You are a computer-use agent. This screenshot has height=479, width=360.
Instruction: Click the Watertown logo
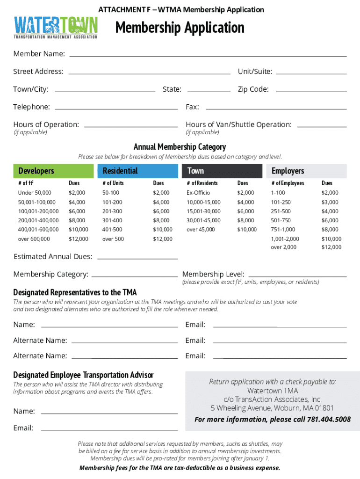coord(56,27)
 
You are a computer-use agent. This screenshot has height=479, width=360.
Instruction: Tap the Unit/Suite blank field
coord(311,73)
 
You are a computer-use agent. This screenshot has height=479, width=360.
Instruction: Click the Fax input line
coord(274,109)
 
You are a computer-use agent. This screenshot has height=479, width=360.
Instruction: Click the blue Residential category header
coord(138,171)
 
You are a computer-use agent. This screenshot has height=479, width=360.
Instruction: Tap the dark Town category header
coord(222,171)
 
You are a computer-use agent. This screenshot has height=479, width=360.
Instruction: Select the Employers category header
coord(306,171)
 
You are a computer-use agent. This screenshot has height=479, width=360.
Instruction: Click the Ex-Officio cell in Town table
coord(198,193)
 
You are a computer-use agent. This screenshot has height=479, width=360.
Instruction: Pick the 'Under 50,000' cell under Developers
coord(35,193)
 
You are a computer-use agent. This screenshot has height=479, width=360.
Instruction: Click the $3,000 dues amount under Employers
coord(330,202)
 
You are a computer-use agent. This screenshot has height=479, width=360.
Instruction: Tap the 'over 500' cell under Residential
coord(113,239)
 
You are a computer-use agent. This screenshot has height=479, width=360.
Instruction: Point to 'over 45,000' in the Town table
coord(201,229)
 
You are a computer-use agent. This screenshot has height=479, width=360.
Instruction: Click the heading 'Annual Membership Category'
coord(180,147)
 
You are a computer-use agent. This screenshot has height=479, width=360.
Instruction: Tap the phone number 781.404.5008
coord(329,419)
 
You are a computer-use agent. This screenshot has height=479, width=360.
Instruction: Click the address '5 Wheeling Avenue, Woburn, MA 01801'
coord(272,408)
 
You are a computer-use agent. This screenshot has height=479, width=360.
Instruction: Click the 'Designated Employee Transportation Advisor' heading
coord(83,375)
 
